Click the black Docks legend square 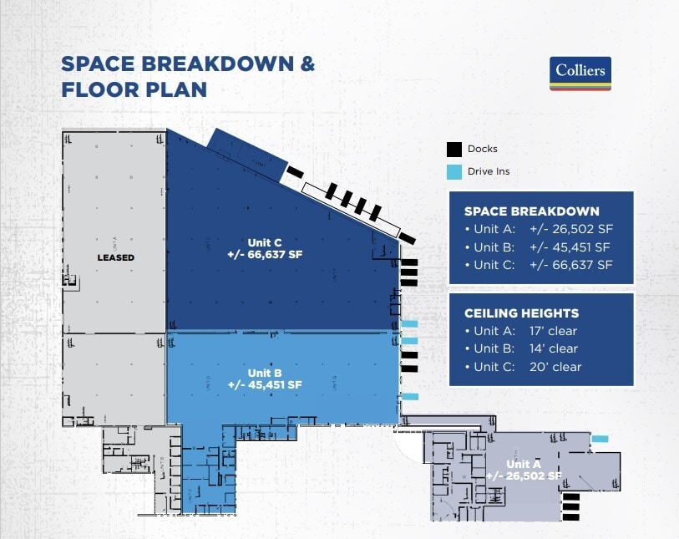point(454,150)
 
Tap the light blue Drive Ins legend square point(454,172)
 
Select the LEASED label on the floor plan point(114,257)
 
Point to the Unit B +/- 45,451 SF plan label point(264,379)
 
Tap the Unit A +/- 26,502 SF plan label point(523,470)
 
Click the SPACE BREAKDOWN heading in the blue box point(531,211)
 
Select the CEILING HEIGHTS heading point(521,313)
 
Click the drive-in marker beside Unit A point(600,439)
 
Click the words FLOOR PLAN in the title point(134,89)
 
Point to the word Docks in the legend point(483,150)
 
